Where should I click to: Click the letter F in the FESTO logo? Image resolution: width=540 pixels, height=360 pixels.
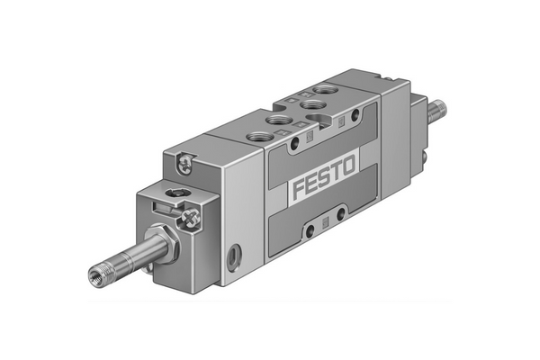[x=301, y=190]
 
